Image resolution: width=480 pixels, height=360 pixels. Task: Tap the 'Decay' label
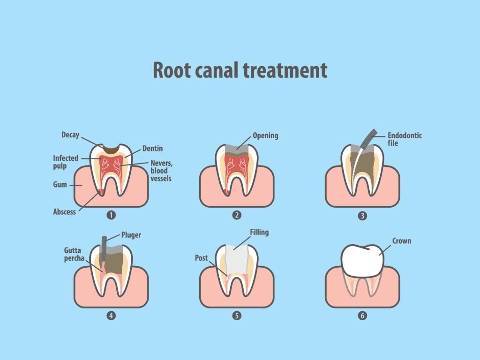[x=70, y=135]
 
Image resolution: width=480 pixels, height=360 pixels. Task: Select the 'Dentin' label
[x=153, y=149]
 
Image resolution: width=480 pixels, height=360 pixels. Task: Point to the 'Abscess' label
[x=64, y=212]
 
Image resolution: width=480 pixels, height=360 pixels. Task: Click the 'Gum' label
[x=60, y=185]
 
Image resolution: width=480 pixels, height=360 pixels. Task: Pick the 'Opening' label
[x=265, y=135]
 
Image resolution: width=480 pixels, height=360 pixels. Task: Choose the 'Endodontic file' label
[x=405, y=139]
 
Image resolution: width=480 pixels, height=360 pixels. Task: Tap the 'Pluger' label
[x=131, y=235]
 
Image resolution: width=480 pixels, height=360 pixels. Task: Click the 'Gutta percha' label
[x=74, y=255]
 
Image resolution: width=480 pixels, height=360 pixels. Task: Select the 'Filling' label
[x=259, y=232]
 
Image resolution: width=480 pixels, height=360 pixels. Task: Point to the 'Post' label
[x=202, y=258]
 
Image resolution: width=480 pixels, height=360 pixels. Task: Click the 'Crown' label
[x=402, y=241]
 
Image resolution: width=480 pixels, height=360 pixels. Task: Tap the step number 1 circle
[x=111, y=215]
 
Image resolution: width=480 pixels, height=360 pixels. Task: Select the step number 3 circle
[x=362, y=216]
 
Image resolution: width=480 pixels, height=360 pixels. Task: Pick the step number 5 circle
[x=237, y=315]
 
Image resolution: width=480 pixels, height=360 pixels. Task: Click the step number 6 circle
[x=362, y=315]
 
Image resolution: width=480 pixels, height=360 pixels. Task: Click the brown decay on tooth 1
[x=111, y=150]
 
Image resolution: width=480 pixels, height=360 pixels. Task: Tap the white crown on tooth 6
[x=362, y=260]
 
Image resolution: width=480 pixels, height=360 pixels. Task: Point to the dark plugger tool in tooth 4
[x=104, y=248]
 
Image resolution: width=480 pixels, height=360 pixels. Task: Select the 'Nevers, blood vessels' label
[x=161, y=171]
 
